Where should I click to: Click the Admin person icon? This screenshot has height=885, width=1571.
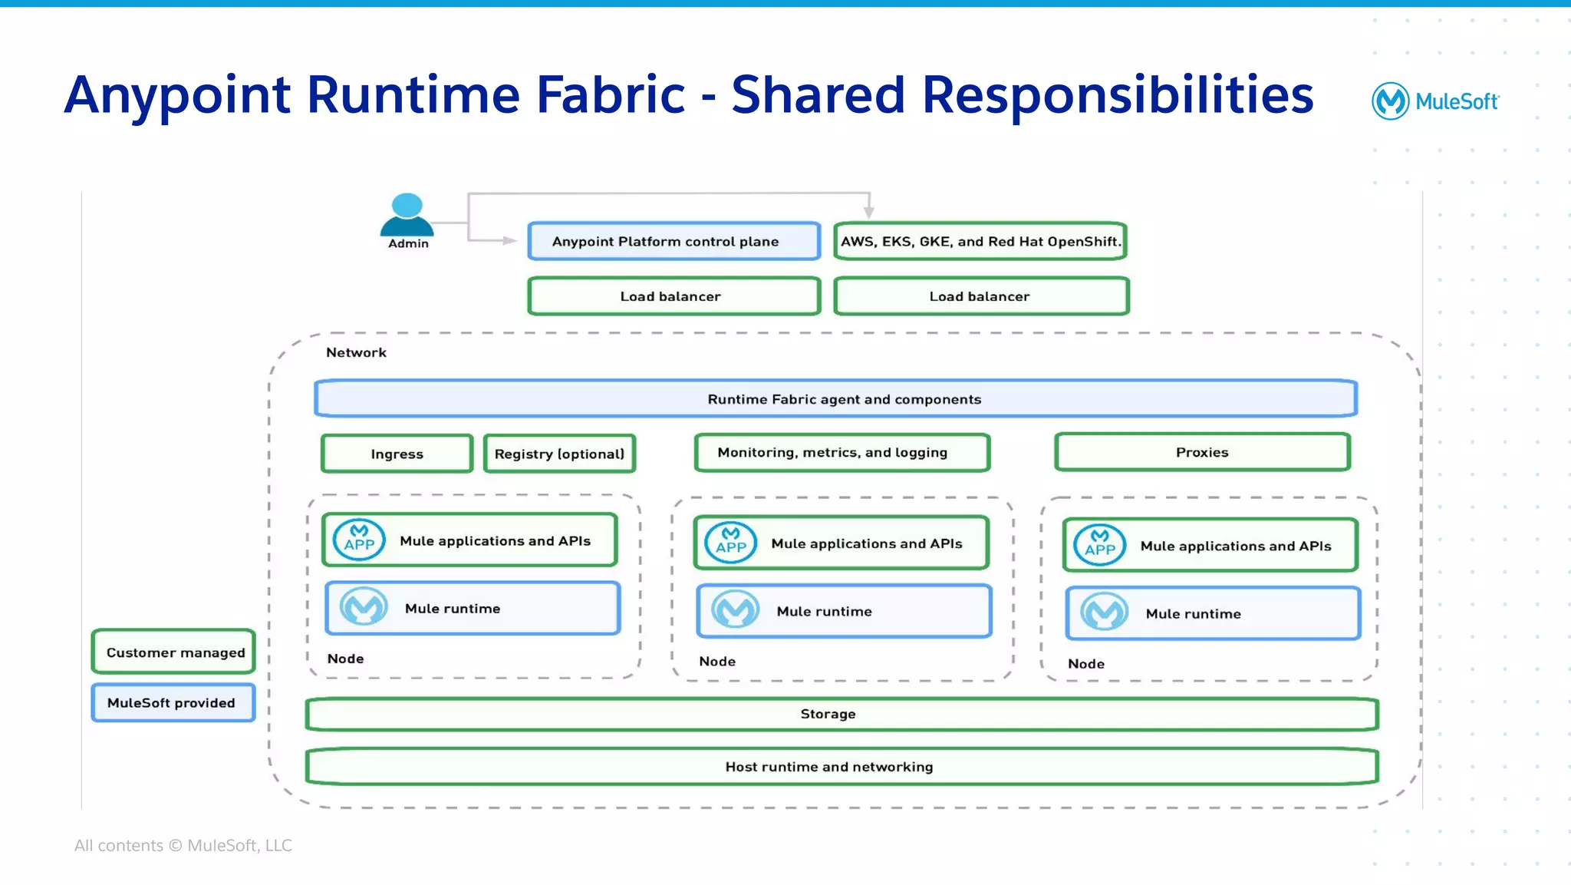click(x=407, y=215)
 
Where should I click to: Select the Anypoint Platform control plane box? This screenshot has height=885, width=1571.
click(x=674, y=241)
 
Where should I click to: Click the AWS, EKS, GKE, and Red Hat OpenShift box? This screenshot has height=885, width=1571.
click(x=980, y=241)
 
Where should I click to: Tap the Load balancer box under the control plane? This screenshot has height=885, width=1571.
click(x=674, y=296)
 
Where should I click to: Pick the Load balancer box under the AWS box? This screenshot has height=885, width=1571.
click(x=980, y=296)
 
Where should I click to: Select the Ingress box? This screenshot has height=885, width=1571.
click(x=397, y=454)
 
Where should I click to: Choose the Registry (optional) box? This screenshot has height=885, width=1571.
click(x=559, y=454)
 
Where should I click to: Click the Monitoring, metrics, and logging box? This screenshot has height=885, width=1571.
click(x=841, y=452)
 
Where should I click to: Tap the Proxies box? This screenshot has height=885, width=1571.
click(x=1202, y=452)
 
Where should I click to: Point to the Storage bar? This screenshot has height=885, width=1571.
click(x=841, y=714)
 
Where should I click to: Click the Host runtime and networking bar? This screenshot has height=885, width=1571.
click(x=841, y=767)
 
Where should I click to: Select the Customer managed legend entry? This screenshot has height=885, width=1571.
click(x=174, y=652)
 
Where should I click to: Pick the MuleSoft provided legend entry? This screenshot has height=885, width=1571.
click(x=173, y=702)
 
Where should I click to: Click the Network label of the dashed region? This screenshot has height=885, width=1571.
click(x=356, y=352)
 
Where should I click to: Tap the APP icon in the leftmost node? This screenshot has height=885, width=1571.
click(x=359, y=540)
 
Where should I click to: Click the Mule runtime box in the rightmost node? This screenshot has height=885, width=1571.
click(x=1212, y=613)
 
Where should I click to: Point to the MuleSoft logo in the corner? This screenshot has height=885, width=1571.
click(x=1434, y=101)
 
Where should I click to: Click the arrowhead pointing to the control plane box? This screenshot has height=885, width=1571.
click(x=510, y=240)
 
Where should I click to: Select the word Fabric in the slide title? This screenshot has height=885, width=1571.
click(x=610, y=95)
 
